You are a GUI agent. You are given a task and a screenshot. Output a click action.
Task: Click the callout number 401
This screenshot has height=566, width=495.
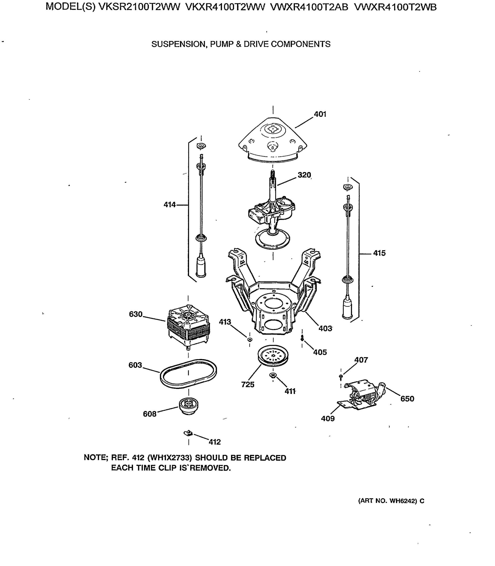pyautogui.click(x=320, y=114)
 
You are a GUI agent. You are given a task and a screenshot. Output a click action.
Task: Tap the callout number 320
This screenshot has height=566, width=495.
pyautogui.click(x=304, y=175)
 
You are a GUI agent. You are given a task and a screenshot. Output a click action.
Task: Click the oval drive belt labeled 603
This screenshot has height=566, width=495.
pyautogui.click(x=188, y=374)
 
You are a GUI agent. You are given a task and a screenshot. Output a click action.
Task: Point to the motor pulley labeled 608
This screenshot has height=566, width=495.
pyautogui.click(x=189, y=405)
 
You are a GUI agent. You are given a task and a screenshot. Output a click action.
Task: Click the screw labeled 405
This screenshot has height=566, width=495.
pyautogui.click(x=302, y=338)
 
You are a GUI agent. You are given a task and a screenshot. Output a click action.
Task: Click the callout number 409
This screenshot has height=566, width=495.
pyautogui.click(x=328, y=418)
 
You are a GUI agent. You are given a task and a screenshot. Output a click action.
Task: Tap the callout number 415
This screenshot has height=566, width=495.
pyautogui.click(x=379, y=253)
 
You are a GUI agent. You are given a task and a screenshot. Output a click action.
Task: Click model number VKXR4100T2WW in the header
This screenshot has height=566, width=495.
pyautogui.click(x=225, y=7)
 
